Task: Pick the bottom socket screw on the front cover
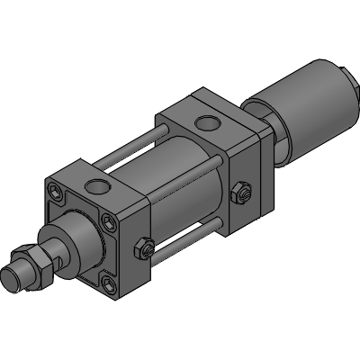[109, 285]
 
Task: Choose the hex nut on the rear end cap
[239, 191]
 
